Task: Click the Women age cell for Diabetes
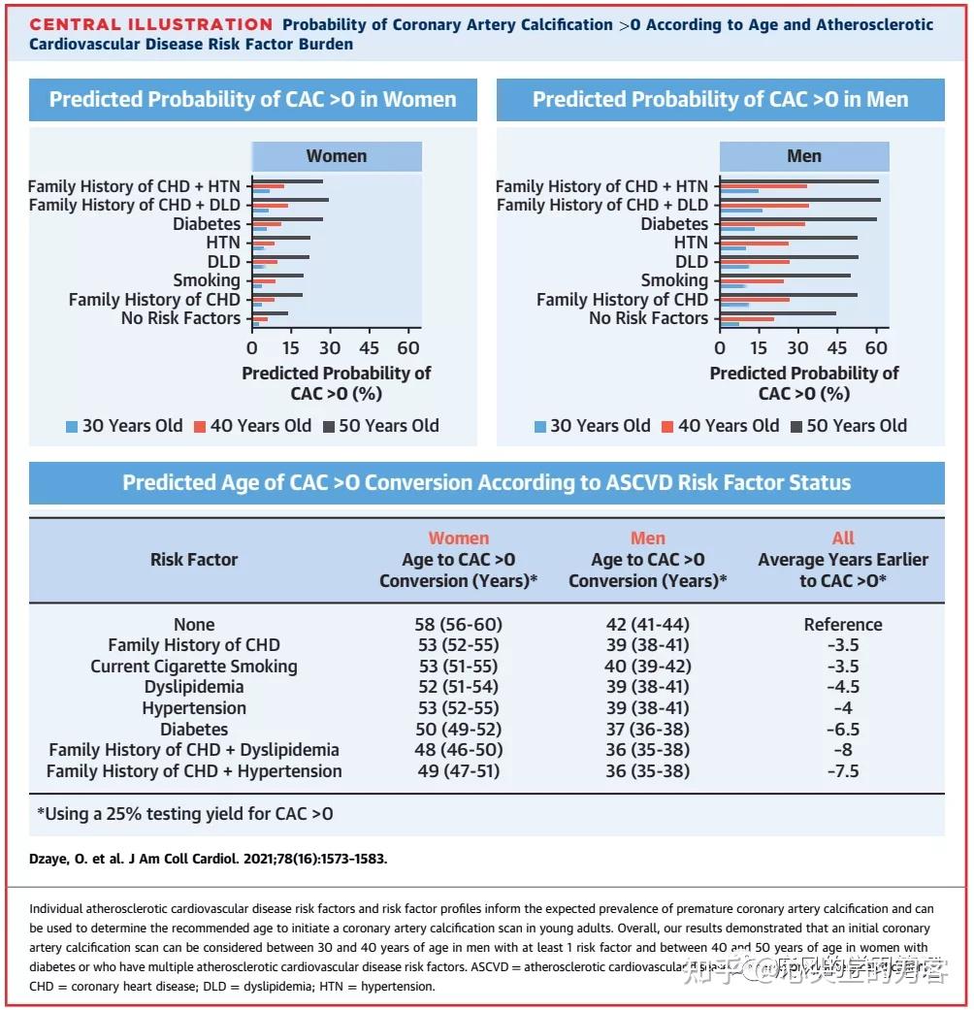point(458,729)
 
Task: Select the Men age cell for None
point(647,624)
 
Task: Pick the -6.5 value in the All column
point(842,729)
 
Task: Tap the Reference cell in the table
point(842,624)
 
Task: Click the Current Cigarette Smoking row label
point(194,667)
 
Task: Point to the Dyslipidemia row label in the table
point(194,687)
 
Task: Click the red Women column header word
point(458,538)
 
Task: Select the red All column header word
point(842,538)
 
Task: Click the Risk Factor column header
point(194,559)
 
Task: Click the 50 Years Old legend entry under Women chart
point(380,426)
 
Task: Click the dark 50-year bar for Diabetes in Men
point(797,219)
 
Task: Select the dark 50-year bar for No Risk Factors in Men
point(777,313)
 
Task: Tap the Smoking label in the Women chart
point(207,280)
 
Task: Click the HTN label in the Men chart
point(691,243)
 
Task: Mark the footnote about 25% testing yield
point(184,814)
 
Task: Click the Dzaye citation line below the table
point(209,859)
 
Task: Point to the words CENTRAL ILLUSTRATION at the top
point(151,25)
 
